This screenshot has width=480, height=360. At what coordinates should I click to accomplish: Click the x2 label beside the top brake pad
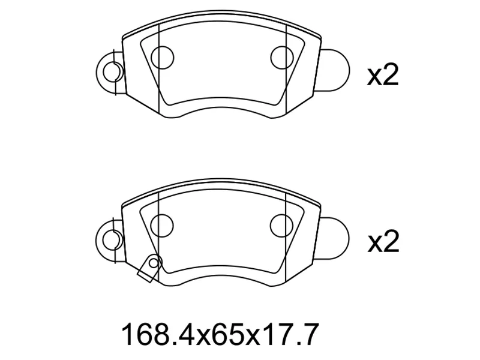(x=383, y=75)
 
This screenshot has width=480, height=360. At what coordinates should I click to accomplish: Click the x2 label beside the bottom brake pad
(x=383, y=242)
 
